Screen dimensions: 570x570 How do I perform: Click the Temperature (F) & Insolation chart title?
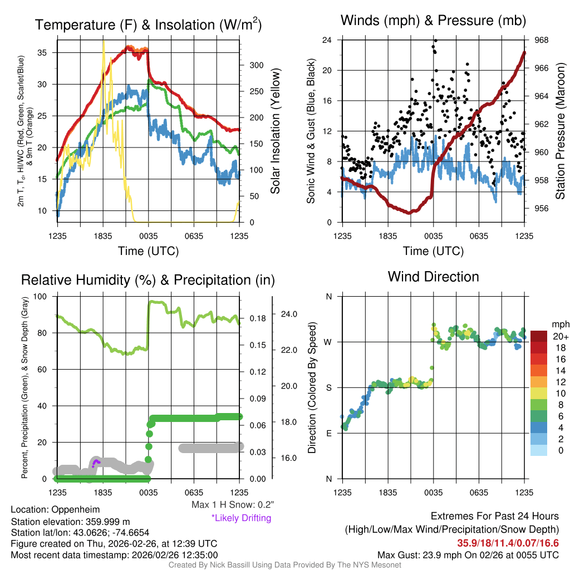coord(148,24)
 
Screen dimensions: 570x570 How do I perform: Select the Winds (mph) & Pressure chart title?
coord(434,21)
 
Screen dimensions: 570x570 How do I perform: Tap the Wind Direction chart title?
coord(433,276)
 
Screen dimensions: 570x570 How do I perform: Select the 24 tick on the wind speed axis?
coord(327,40)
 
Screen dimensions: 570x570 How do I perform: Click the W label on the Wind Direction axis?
coord(328,342)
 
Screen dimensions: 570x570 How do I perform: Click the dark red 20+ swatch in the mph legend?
coord(539,336)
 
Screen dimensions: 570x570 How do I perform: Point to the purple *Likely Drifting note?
coord(241,518)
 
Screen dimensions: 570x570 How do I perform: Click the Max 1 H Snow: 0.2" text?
coord(232,505)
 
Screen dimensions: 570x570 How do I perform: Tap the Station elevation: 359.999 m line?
coord(70,522)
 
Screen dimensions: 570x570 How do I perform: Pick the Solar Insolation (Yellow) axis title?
coord(275,131)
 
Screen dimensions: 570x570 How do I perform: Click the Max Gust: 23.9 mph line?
coord(468,554)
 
